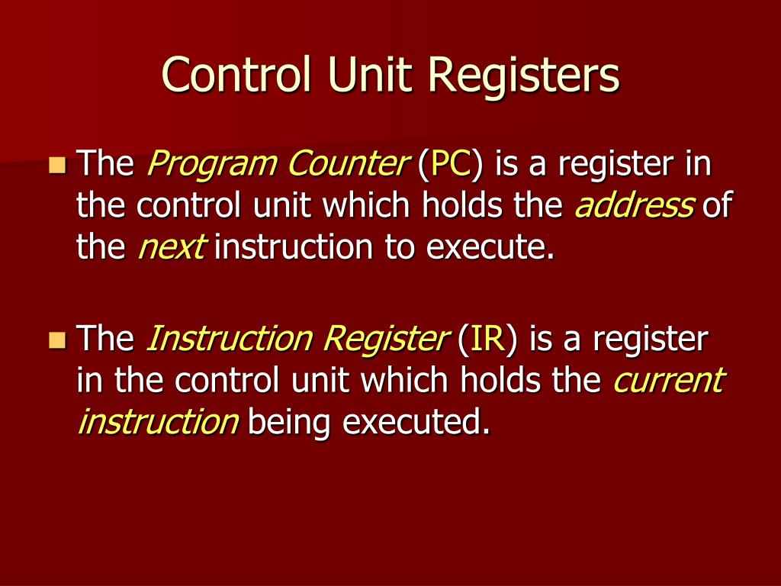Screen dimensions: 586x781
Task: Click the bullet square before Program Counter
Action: click(56, 164)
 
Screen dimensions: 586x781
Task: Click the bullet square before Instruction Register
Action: click(56, 338)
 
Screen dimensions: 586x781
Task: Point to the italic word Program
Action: click(197, 164)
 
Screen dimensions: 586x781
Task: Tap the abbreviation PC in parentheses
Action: click(452, 164)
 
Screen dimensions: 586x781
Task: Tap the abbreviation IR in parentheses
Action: click(486, 338)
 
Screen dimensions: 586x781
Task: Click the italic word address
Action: click(634, 206)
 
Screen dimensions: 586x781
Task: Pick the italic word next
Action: click(171, 248)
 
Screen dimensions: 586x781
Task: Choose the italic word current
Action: click(668, 380)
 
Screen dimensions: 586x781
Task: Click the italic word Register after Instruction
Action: click(383, 338)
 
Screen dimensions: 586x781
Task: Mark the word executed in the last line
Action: click(415, 422)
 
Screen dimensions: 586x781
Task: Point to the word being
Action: click(289, 422)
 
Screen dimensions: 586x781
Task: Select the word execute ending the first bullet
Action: click(489, 248)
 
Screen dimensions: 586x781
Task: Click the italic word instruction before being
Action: click(159, 422)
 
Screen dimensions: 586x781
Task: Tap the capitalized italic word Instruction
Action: click(227, 338)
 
